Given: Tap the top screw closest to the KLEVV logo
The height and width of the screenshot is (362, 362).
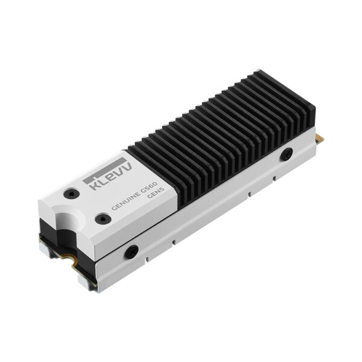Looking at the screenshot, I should (71, 195).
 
